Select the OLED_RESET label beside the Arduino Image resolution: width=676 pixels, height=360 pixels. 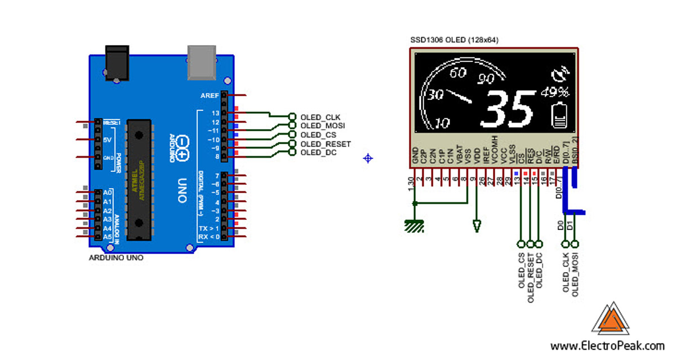325,144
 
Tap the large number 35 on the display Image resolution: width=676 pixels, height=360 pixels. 508,110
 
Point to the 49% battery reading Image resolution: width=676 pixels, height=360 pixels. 555,92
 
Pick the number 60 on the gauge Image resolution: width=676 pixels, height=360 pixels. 459,73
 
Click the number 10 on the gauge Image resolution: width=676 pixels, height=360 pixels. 443,123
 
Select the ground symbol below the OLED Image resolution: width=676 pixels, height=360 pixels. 414,226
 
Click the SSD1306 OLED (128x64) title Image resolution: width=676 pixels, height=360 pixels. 454,40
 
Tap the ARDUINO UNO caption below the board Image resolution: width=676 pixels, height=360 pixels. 117,257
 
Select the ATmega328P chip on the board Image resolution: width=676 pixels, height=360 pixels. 139,179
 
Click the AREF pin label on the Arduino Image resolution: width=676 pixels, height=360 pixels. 210,96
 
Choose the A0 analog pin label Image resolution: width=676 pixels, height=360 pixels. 108,193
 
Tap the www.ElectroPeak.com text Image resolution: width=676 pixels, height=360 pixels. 607,346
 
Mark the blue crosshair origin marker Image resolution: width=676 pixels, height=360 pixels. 368,158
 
